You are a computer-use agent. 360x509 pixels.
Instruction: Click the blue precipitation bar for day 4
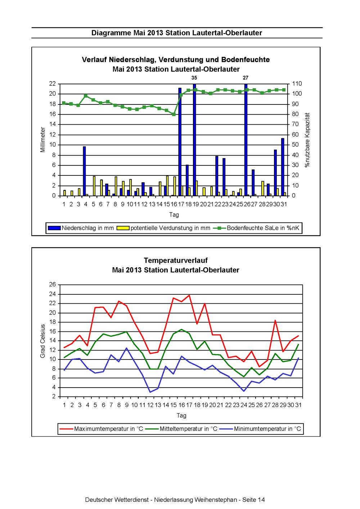(84, 171)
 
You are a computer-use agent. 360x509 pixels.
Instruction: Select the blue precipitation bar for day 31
(283, 167)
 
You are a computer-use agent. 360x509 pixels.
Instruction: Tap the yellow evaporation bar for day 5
(94, 186)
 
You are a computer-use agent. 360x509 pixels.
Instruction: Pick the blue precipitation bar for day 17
(180, 142)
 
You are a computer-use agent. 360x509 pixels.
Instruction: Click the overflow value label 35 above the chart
(194, 78)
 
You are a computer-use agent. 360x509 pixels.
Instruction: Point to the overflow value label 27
(246, 78)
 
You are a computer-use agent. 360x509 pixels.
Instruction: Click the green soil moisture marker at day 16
(174, 114)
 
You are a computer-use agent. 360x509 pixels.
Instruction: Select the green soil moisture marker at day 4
(86, 96)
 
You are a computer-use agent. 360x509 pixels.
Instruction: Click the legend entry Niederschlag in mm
(81, 228)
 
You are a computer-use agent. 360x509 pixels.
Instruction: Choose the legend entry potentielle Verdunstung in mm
(163, 228)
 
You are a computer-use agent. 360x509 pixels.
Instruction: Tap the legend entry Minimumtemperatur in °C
(260, 429)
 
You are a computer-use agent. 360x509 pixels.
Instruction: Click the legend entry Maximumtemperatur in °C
(101, 429)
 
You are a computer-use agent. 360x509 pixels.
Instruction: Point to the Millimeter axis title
(42, 139)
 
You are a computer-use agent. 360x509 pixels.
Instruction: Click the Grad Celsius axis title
(42, 341)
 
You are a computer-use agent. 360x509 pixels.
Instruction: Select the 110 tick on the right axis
(297, 84)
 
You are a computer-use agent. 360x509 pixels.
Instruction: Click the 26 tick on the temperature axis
(53, 285)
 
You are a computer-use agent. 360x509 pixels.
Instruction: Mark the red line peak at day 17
(189, 295)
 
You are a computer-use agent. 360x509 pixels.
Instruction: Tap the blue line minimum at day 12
(150, 392)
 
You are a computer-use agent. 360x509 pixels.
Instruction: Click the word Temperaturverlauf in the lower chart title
(176, 260)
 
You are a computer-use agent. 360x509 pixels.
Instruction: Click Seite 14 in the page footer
(253, 500)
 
